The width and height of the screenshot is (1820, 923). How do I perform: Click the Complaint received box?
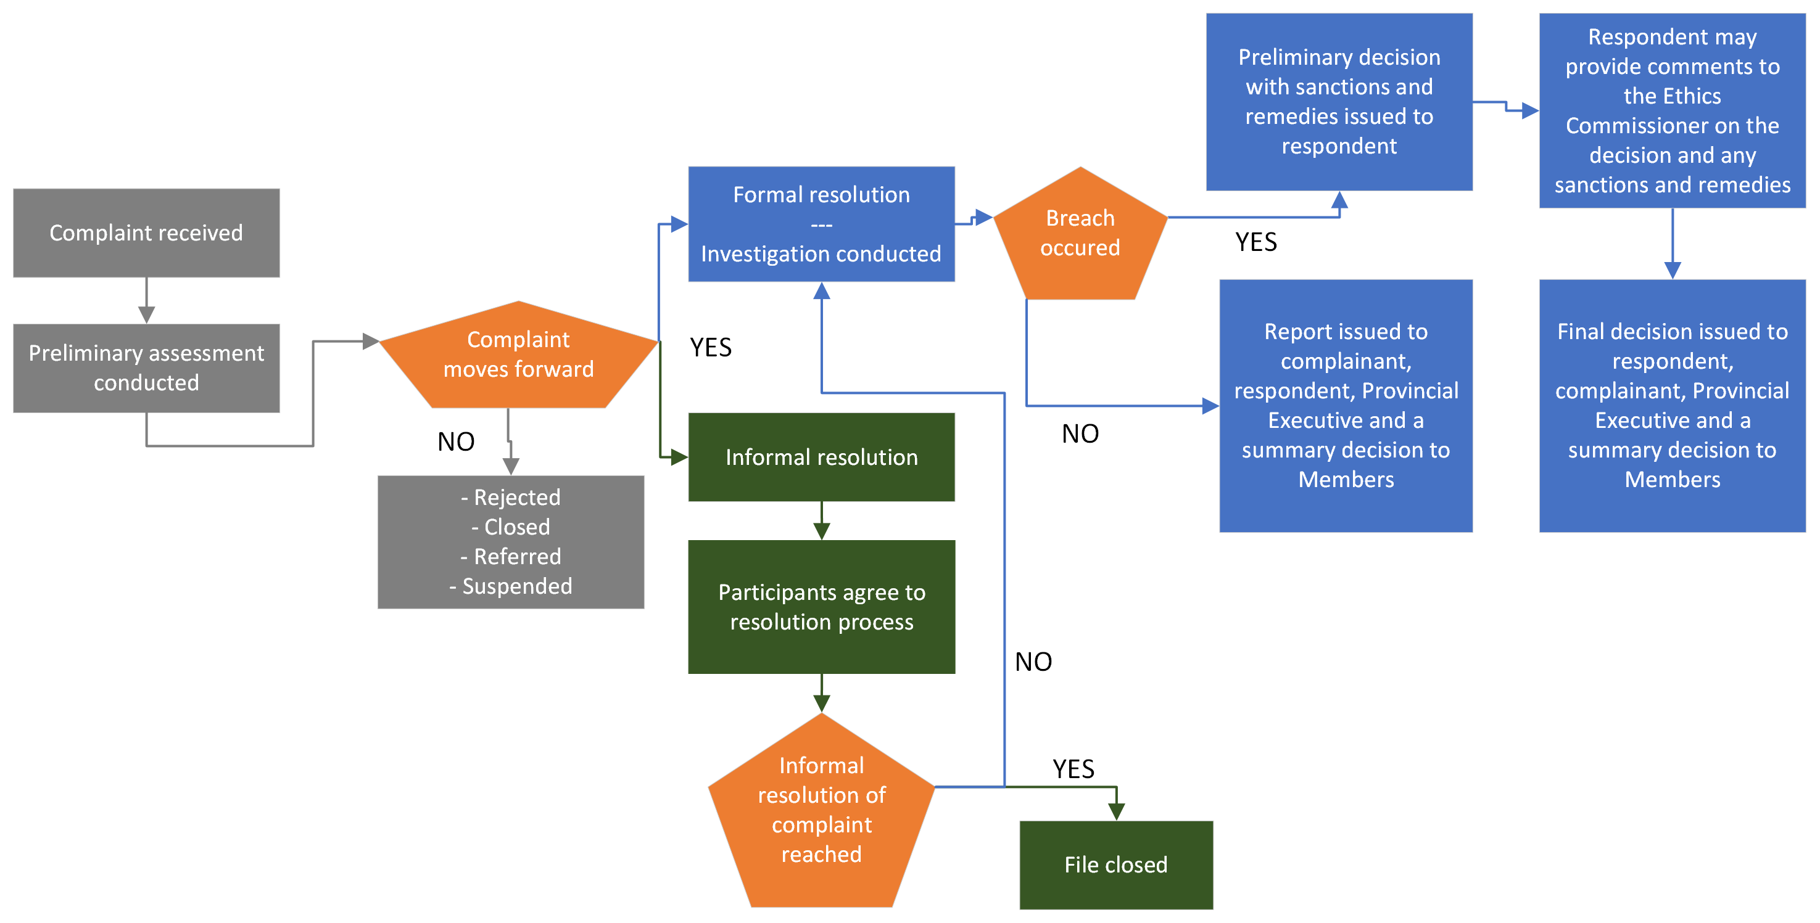pyautogui.click(x=146, y=232)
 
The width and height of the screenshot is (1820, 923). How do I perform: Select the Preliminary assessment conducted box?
pyautogui.click(x=146, y=367)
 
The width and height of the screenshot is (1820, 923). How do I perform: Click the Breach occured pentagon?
pyautogui.click(x=1080, y=233)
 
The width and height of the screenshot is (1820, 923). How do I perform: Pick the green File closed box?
pyautogui.click(x=1115, y=864)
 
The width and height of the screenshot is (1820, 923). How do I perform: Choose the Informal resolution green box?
pyautogui.click(x=821, y=457)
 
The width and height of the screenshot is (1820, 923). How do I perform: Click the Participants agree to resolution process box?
pyautogui.click(x=821, y=607)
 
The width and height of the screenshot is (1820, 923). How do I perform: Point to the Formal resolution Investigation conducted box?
pyautogui.click(x=821, y=224)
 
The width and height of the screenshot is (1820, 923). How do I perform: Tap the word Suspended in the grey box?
pyautogui.click(x=517, y=586)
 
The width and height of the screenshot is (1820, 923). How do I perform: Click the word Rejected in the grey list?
pyautogui.click(x=517, y=497)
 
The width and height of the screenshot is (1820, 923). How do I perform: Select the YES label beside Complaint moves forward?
pyautogui.click(x=711, y=348)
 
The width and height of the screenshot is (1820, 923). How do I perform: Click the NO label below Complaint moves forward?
pyautogui.click(x=456, y=441)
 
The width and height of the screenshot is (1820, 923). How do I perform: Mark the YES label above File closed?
pyautogui.click(x=1073, y=768)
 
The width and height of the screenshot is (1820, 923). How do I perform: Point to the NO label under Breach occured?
pyautogui.click(x=1080, y=433)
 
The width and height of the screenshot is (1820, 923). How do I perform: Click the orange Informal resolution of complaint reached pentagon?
pyautogui.click(x=821, y=812)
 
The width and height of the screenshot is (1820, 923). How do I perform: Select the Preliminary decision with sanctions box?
pyautogui.click(x=1339, y=102)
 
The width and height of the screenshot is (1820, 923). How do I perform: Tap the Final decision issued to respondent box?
pyautogui.click(x=1672, y=405)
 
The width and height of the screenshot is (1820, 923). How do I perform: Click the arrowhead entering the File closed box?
pyautogui.click(x=1116, y=811)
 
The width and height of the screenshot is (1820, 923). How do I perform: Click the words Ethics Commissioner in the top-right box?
pyautogui.click(x=1672, y=110)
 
